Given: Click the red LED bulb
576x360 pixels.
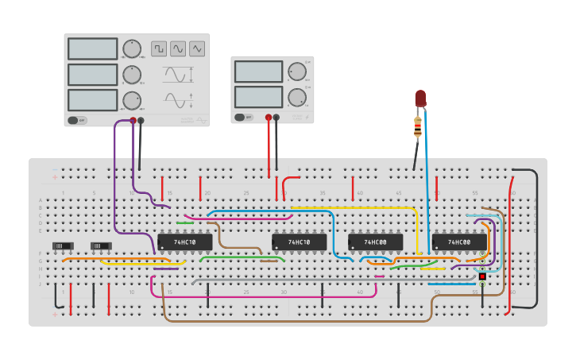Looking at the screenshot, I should tap(420, 99).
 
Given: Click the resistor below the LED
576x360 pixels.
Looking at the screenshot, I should tap(418, 126).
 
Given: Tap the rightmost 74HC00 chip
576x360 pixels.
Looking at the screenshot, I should tap(459, 242).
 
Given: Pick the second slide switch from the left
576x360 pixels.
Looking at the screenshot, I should tap(101, 246).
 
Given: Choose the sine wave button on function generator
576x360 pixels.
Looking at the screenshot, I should tap(178, 48).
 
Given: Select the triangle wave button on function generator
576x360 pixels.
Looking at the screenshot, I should tap(196, 48).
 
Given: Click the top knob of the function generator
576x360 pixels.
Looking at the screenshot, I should tap(132, 48).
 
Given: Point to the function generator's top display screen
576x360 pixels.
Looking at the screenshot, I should tap(92, 48).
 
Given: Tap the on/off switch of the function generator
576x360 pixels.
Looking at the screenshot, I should tap(77, 120).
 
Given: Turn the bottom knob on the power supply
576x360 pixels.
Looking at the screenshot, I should tap(296, 97).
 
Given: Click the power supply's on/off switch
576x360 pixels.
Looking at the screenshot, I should tap(242, 117).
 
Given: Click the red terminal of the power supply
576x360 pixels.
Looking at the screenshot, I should tap(269, 118).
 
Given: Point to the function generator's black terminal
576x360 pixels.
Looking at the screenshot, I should tap(141, 121).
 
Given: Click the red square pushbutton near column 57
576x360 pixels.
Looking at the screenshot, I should tap(482, 276).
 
